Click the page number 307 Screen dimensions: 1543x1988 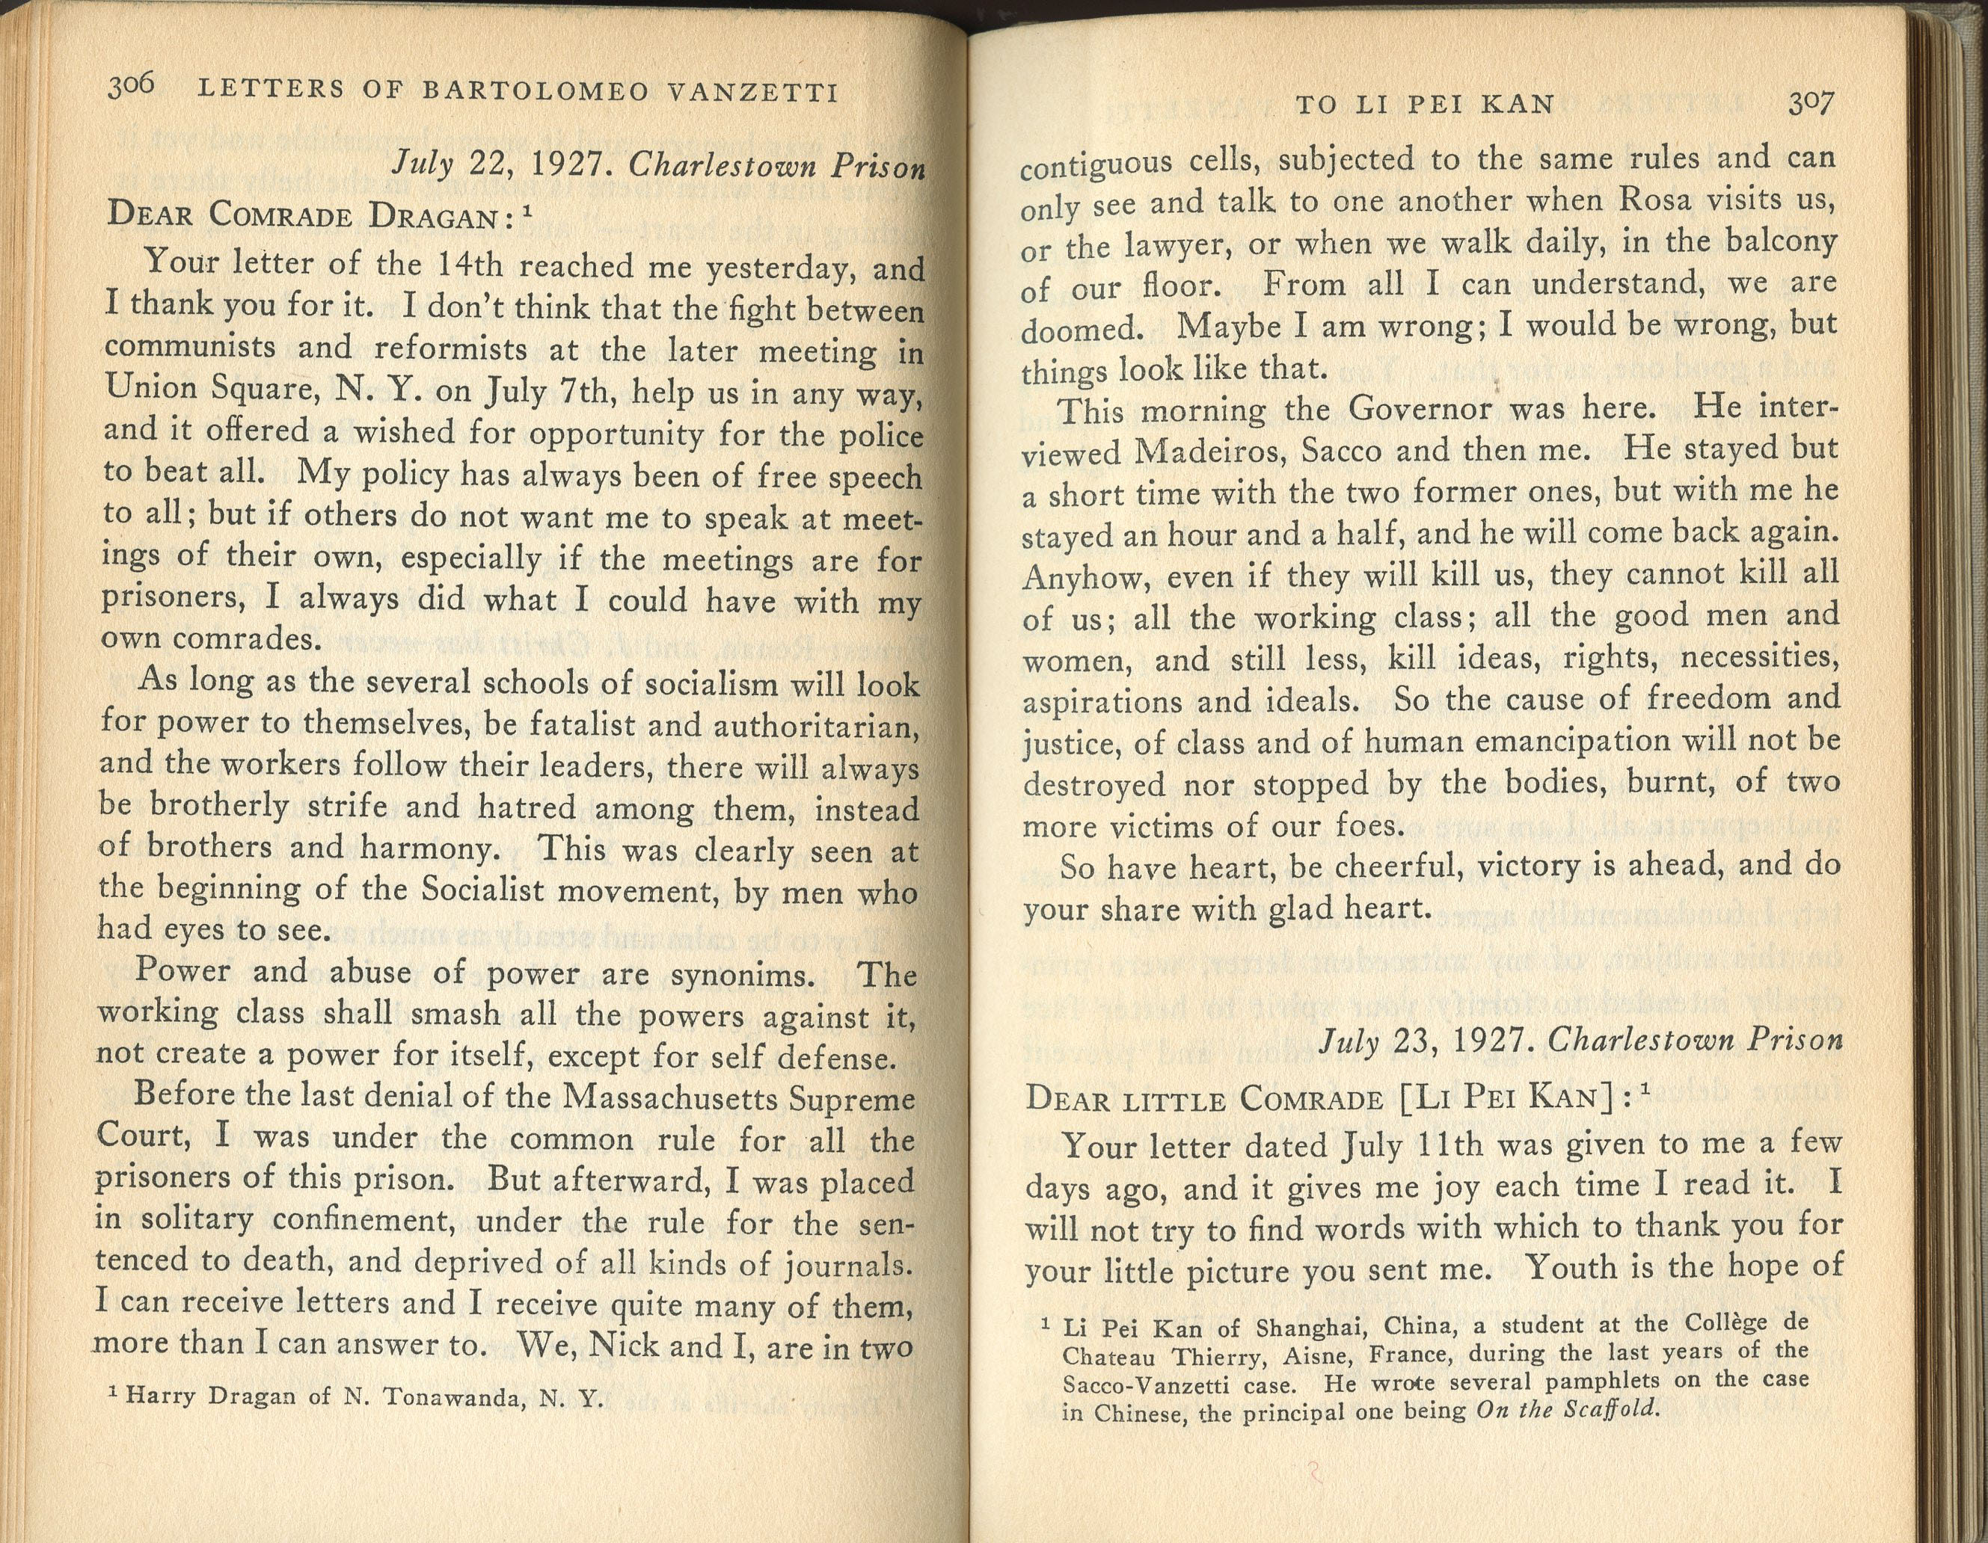point(1809,103)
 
